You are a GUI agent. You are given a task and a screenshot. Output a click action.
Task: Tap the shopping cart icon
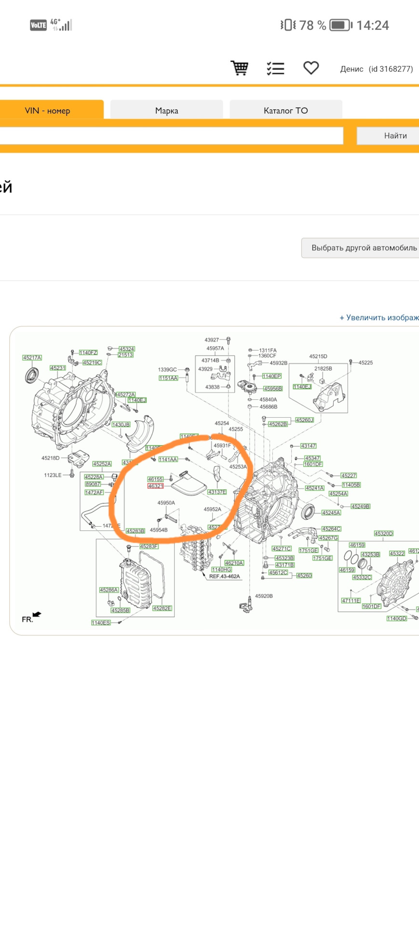(x=239, y=68)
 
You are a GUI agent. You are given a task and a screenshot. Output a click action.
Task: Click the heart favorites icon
(x=311, y=68)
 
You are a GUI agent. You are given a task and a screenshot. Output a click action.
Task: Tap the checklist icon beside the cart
(x=275, y=68)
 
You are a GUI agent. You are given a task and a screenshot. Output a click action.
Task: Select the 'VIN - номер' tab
(x=48, y=110)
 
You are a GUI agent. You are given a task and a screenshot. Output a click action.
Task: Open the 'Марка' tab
(x=166, y=110)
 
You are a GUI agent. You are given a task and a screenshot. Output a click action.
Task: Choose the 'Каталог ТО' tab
(x=285, y=110)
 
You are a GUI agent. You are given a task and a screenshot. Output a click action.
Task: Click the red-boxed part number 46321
(x=156, y=486)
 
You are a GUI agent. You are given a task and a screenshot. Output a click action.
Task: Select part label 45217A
(x=32, y=358)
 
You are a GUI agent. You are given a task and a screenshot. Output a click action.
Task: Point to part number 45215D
(x=318, y=356)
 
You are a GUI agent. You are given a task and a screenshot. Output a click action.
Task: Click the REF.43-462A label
(x=224, y=576)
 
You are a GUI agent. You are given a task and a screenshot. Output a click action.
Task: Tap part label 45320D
(x=384, y=533)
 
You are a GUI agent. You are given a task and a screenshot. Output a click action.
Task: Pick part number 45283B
(x=135, y=531)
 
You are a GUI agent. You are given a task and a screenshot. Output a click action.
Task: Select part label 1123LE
(x=53, y=475)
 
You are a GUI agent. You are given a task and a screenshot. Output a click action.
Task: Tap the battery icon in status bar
(x=341, y=25)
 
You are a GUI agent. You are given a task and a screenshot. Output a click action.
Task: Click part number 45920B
(x=264, y=596)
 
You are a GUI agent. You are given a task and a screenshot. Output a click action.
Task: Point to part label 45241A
(x=314, y=488)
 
